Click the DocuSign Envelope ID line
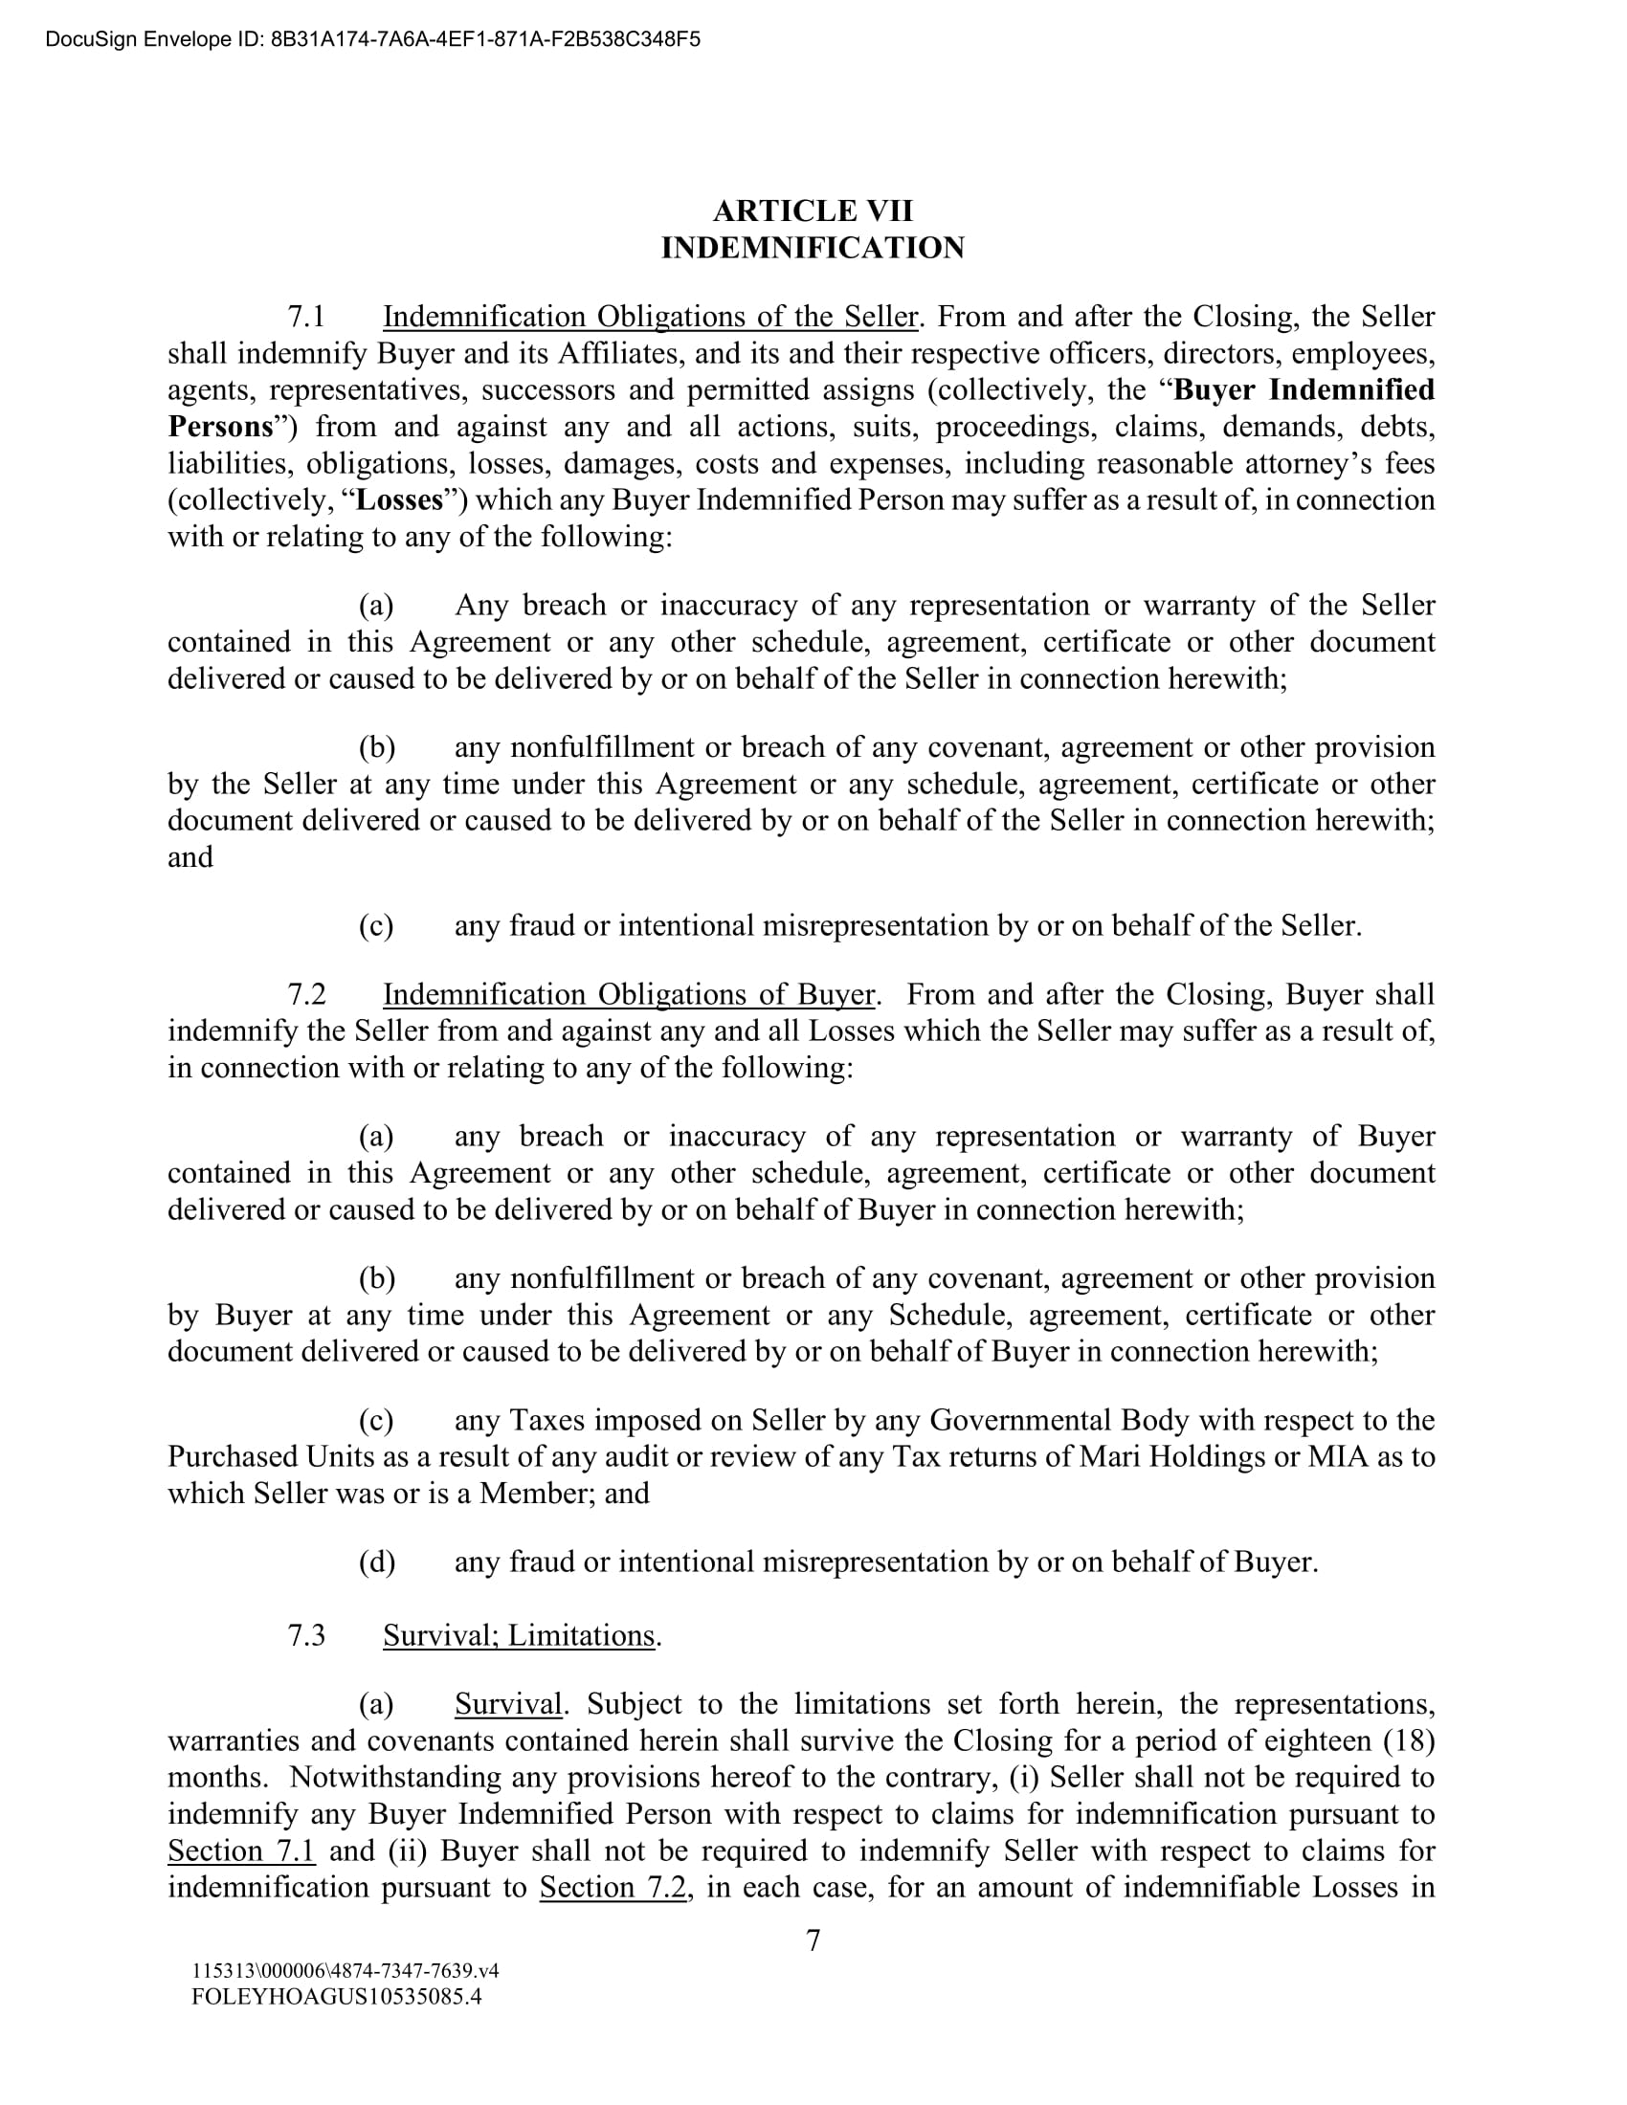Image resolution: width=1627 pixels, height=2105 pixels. tap(372, 39)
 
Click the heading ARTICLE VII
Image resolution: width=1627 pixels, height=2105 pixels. tap(813, 210)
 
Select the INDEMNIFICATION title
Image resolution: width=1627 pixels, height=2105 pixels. tap(813, 248)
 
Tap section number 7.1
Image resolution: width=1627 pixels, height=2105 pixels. tap(306, 317)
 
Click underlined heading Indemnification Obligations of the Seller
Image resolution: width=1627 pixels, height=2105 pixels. tap(650, 317)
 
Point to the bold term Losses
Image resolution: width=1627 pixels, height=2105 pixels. tap(400, 500)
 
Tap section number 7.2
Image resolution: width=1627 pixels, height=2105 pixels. tap(306, 995)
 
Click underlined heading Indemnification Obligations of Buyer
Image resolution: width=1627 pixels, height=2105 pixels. tap(629, 995)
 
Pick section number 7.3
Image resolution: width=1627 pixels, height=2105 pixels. tap(306, 1635)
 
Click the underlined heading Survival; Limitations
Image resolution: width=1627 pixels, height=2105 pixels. tap(519, 1635)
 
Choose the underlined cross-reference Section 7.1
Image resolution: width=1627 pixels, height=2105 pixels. tap(241, 1851)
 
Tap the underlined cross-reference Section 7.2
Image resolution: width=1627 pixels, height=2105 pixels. tap(613, 1888)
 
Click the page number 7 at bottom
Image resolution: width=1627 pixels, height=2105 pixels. tap(813, 1940)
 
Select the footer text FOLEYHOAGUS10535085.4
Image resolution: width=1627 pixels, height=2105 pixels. tap(336, 1996)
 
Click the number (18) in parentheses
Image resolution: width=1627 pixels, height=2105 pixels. tap(1409, 1741)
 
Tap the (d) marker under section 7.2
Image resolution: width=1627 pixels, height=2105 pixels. tap(377, 1562)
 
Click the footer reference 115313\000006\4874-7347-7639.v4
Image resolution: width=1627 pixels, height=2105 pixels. tap(345, 1971)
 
